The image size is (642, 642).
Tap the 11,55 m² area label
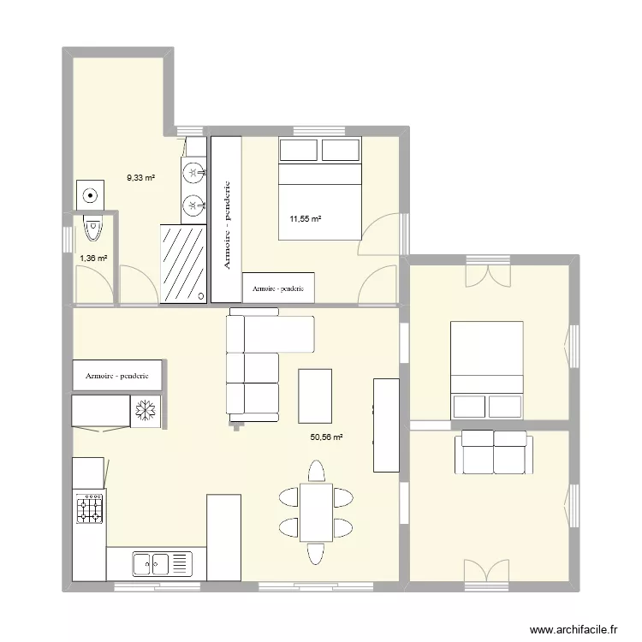[306, 219]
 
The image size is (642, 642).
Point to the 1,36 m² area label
[93, 258]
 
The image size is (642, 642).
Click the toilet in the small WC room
[92, 228]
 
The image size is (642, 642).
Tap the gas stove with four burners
[90, 508]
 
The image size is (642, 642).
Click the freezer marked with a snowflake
[144, 410]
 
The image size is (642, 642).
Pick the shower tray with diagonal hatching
[184, 262]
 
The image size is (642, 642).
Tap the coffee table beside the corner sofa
[315, 395]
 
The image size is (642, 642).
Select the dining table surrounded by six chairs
[316, 512]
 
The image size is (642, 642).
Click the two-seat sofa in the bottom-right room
[494, 452]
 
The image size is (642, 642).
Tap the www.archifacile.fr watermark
[573, 627]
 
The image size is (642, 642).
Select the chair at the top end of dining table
[317, 472]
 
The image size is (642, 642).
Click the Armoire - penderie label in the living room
[117, 375]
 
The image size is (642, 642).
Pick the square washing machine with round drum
[89, 193]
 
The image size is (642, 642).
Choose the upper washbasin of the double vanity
[194, 173]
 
